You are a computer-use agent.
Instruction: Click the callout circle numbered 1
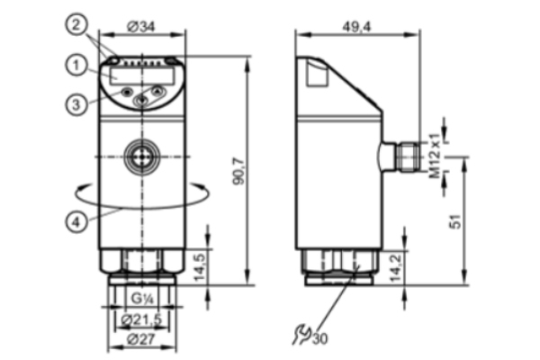[76, 65]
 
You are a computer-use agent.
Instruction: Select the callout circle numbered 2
[76, 24]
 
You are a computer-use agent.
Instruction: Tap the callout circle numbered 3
[76, 104]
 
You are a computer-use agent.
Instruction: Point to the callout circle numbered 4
[76, 221]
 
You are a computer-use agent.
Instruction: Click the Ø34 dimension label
[141, 26]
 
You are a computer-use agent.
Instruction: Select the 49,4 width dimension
[356, 26]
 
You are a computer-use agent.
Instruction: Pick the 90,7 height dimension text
[238, 171]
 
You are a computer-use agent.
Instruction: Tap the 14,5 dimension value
[200, 267]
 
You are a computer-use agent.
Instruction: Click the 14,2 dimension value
[396, 267]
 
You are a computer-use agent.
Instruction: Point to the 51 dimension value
[455, 221]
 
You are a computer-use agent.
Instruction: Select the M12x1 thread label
[435, 156]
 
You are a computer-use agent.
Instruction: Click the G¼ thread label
[142, 298]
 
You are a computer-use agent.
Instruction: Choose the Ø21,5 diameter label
[141, 320]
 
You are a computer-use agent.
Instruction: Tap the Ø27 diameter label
[141, 339]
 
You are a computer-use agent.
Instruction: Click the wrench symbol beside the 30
[301, 334]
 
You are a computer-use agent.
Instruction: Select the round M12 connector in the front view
[142, 157]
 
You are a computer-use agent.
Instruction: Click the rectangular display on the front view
[142, 76]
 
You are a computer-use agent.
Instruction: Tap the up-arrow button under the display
[157, 92]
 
